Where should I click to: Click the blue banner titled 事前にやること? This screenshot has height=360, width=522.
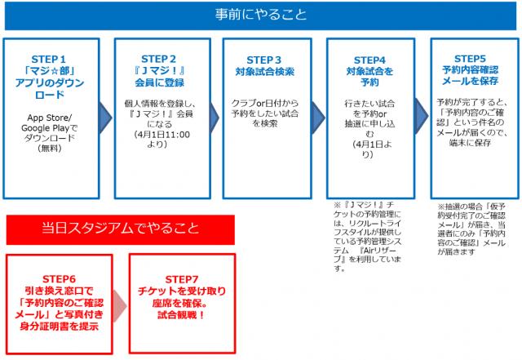261,16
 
